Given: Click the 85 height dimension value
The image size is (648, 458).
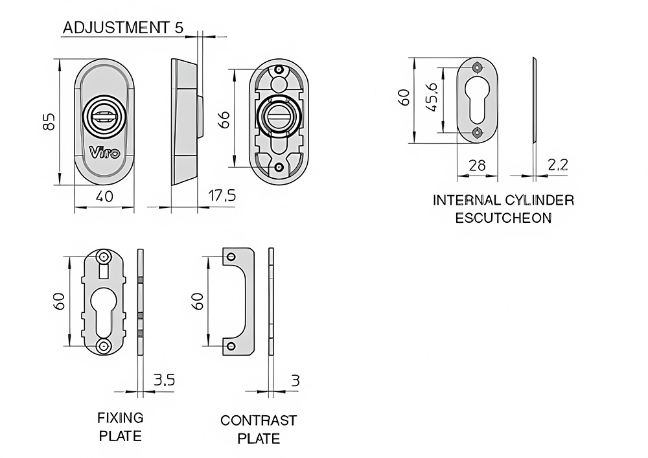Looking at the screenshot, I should (48, 122).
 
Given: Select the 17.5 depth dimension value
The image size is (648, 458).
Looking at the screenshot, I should (222, 196).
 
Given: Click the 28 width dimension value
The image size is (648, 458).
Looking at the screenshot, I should (477, 165).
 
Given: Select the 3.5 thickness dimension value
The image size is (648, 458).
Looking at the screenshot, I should (164, 380).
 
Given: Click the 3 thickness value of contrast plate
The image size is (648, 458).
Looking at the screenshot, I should (295, 380).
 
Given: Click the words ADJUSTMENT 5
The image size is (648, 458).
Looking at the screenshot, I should (123, 28).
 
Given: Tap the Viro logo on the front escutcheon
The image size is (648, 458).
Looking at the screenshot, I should (104, 153).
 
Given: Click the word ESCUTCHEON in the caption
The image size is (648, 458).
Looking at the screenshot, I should (503, 218).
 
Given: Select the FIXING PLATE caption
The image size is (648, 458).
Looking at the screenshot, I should (121, 426).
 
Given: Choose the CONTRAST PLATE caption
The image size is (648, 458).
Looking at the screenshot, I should (259, 429).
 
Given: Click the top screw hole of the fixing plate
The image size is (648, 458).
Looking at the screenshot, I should (104, 258).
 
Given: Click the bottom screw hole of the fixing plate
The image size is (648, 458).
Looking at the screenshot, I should (104, 345).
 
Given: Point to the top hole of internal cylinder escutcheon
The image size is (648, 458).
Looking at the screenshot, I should (478, 67).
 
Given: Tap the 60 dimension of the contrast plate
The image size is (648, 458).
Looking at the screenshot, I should (198, 301).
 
